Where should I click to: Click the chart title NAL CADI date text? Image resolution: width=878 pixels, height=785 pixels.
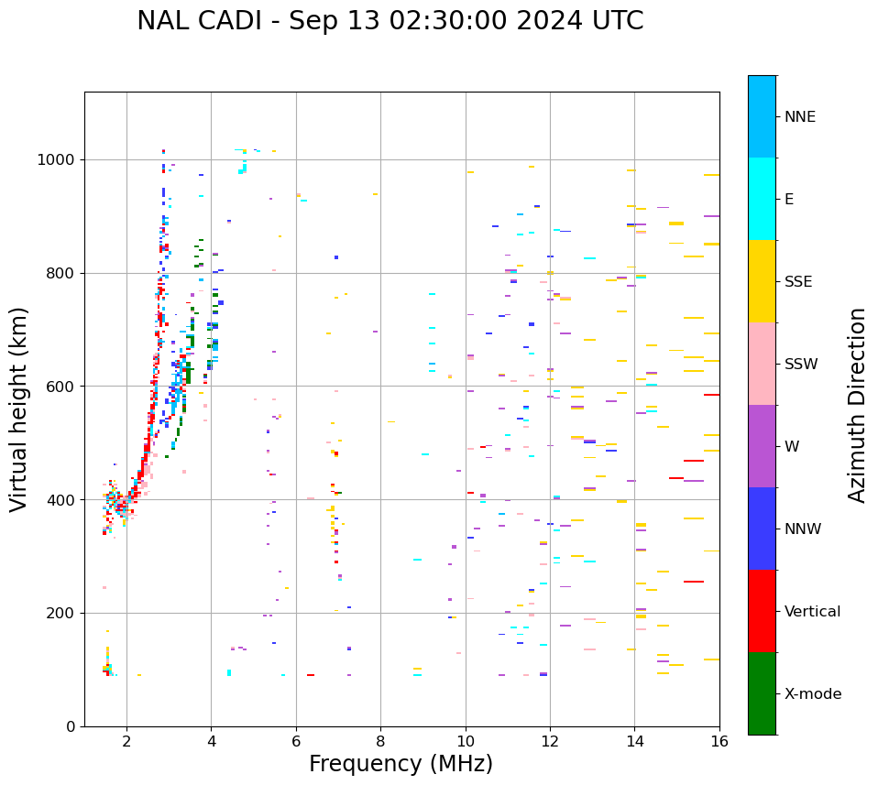(x=390, y=21)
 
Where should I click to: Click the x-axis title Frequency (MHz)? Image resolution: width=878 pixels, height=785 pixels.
(x=401, y=764)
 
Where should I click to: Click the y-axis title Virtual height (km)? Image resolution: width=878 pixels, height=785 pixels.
(x=19, y=409)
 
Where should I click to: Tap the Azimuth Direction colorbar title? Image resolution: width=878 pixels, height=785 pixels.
(x=857, y=405)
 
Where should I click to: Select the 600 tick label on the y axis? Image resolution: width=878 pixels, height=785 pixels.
(x=60, y=387)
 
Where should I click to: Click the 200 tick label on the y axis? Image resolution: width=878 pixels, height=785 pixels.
(x=60, y=613)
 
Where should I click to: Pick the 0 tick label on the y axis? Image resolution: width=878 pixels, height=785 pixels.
(x=71, y=726)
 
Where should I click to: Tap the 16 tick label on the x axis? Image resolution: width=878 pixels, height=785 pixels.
(x=719, y=740)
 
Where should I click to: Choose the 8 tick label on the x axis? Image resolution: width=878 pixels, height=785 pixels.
(x=380, y=740)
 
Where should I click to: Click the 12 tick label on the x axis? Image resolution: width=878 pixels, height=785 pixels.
(x=550, y=740)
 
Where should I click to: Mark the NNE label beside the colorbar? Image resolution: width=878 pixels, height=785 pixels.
(x=799, y=117)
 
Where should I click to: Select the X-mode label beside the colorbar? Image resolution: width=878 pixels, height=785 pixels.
(x=812, y=694)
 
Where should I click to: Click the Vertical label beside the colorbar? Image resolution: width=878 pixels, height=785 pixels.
(x=812, y=612)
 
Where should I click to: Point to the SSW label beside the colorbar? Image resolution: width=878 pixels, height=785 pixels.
(x=801, y=365)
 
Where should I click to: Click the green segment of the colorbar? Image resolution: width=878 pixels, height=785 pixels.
(x=762, y=693)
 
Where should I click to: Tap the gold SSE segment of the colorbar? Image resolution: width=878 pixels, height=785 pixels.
(x=762, y=281)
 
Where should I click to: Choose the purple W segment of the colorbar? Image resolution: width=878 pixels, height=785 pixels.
(x=762, y=446)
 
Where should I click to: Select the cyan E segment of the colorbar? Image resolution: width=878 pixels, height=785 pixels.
(x=762, y=199)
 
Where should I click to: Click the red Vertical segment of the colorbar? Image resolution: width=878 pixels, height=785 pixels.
(x=762, y=611)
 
